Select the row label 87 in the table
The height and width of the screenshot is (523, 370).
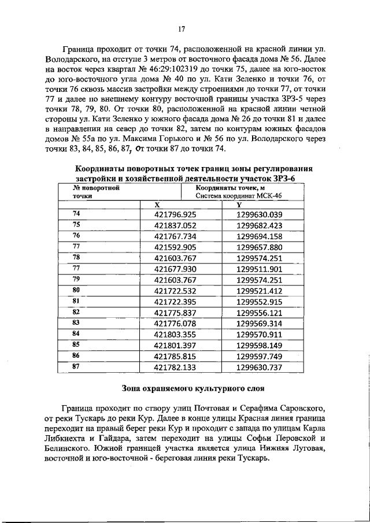[x=76, y=366]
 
